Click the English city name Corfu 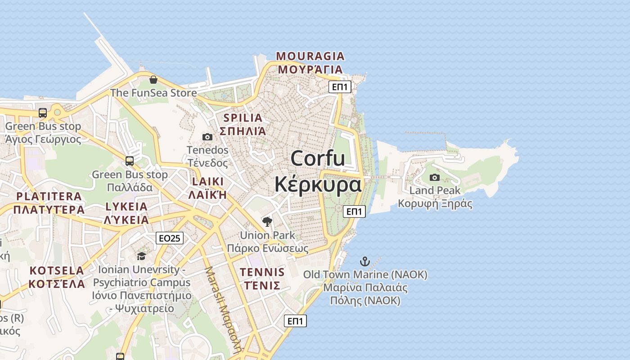(318, 158)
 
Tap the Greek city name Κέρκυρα (318, 184)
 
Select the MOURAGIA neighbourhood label (310, 56)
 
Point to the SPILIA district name (243, 118)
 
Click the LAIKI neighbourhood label (207, 182)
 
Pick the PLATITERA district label (49, 196)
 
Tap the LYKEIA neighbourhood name (126, 207)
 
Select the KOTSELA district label (57, 270)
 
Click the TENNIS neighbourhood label (262, 272)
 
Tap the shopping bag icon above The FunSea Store (153, 80)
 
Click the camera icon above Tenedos (207, 137)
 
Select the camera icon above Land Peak (435, 177)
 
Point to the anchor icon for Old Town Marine (365, 261)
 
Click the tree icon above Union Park (267, 221)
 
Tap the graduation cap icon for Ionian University (142, 256)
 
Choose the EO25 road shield (170, 238)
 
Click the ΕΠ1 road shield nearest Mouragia (340, 87)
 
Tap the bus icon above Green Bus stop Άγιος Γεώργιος (43, 113)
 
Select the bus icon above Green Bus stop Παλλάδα (130, 161)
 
